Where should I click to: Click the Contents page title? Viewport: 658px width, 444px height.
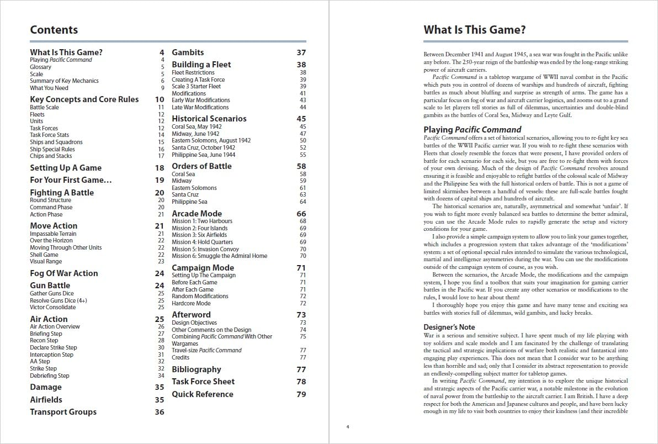pyautogui.click(x=54, y=30)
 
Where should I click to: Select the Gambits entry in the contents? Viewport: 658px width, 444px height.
pyautogui.click(x=188, y=52)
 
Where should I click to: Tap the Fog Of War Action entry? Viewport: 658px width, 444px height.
pyautogui.click(x=63, y=273)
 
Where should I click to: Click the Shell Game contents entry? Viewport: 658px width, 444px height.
pyautogui.click(x=44, y=255)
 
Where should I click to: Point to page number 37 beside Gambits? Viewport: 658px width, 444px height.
pyautogui.click(x=301, y=52)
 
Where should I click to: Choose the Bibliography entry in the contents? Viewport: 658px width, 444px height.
pyautogui.click(x=196, y=369)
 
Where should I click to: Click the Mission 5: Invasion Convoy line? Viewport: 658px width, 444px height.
pyautogui.click(x=202, y=249)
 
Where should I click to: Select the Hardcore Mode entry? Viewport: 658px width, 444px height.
pyautogui.click(x=191, y=303)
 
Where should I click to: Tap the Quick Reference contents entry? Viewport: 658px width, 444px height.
pyautogui.click(x=202, y=394)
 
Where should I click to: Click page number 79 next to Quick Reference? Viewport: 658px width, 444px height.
pyautogui.click(x=301, y=394)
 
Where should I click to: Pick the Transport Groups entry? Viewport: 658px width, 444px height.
pyautogui.click(x=63, y=412)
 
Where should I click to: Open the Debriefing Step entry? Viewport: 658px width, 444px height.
pyautogui.click(x=50, y=376)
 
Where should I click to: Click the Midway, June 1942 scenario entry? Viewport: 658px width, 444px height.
pyautogui.click(x=195, y=134)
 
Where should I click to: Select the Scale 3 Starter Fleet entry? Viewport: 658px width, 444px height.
pyautogui.click(x=196, y=87)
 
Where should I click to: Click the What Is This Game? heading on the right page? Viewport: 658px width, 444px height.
pyautogui.click(x=474, y=30)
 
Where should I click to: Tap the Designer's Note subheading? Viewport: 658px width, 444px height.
pyautogui.click(x=449, y=327)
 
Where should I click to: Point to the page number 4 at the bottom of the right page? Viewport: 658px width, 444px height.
pyautogui.click(x=348, y=426)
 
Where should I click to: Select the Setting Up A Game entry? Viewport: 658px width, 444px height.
pyautogui.click(x=66, y=168)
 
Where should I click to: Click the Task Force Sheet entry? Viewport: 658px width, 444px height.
pyautogui.click(x=203, y=382)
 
